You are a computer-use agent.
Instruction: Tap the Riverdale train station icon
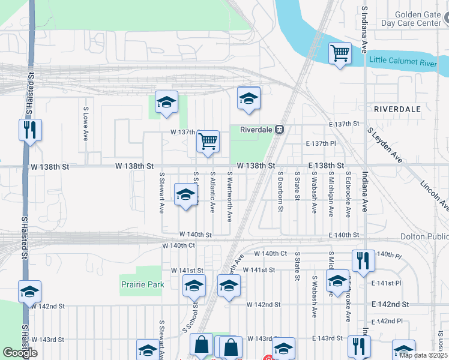pos(279,130)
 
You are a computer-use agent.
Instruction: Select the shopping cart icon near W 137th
pos(208,142)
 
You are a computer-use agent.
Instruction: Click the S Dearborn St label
pos(280,193)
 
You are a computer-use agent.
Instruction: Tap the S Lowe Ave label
pos(86,124)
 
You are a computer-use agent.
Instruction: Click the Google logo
pos(20,353)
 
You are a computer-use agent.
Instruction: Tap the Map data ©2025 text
pos(423,355)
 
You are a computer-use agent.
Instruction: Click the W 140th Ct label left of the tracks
pos(179,246)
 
